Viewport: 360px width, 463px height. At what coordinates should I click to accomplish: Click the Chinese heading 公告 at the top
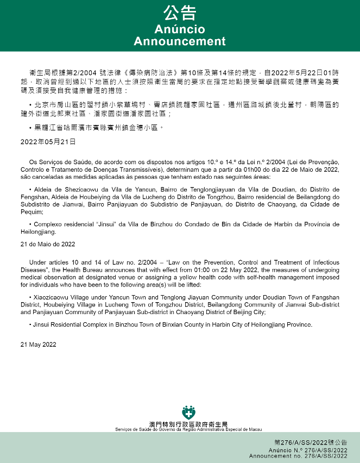point(180,12)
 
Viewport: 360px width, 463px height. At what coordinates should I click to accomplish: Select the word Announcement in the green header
point(180,41)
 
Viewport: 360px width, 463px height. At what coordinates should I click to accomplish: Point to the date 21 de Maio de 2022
point(47,244)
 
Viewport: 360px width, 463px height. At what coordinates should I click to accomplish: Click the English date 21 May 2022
point(37,345)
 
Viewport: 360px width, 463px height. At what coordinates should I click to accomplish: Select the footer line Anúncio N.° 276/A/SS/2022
point(308,451)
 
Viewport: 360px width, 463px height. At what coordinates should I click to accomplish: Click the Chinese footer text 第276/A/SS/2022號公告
point(311,443)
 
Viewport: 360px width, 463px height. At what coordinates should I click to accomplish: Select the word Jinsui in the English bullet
point(41,324)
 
